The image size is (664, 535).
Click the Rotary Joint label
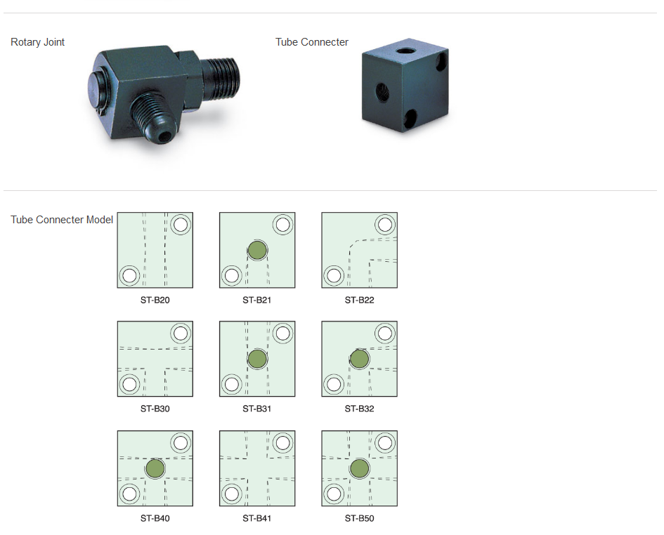tap(37, 42)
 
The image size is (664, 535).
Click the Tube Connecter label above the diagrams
tap(312, 42)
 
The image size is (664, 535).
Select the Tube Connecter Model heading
tap(62, 220)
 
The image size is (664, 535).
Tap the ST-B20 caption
tap(155, 300)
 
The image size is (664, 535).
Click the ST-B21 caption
tap(257, 300)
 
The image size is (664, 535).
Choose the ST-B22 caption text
tap(359, 300)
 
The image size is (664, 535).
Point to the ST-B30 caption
tap(155, 409)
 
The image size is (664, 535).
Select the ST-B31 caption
tap(257, 409)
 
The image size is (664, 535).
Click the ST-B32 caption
tap(359, 409)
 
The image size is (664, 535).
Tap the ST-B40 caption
tap(155, 518)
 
